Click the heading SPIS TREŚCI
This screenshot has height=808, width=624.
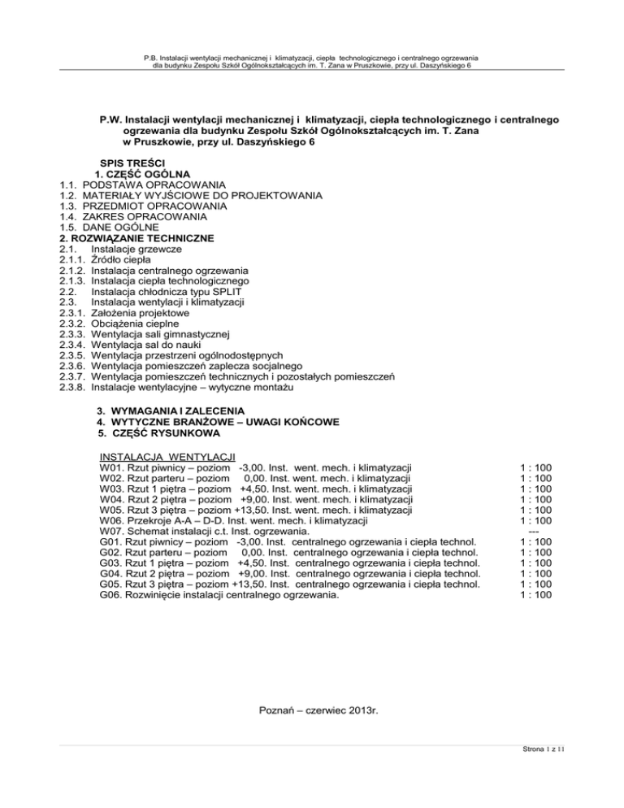click(x=132, y=163)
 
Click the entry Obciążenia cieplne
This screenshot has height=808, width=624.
click(x=139, y=323)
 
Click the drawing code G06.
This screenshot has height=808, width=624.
click(x=110, y=594)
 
